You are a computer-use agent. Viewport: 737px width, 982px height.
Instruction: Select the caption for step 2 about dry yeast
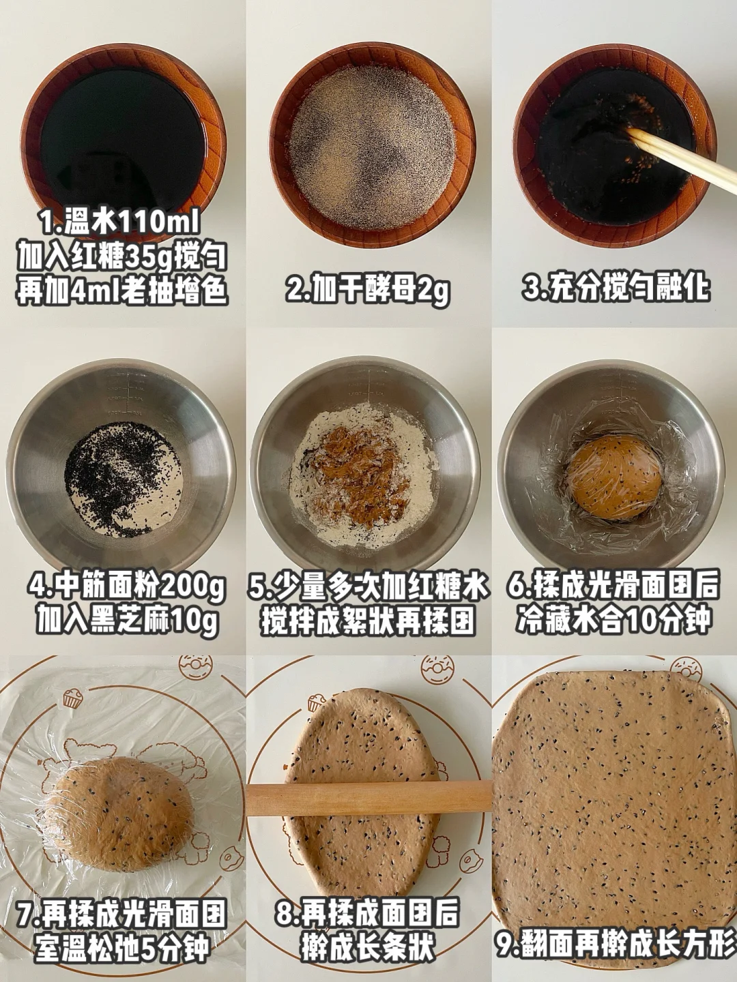(368, 291)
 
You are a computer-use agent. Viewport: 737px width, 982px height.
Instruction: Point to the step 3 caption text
(616, 288)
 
